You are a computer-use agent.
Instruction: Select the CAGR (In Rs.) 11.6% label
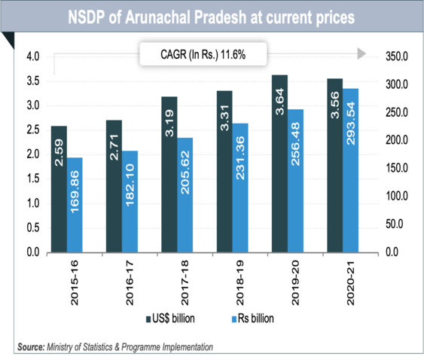(x=201, y=55)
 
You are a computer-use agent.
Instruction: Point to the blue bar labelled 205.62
(x=184, y=195)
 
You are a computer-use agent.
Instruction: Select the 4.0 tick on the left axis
(x=32, y=57)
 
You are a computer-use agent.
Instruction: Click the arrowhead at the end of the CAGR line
(x=361, y=54)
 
